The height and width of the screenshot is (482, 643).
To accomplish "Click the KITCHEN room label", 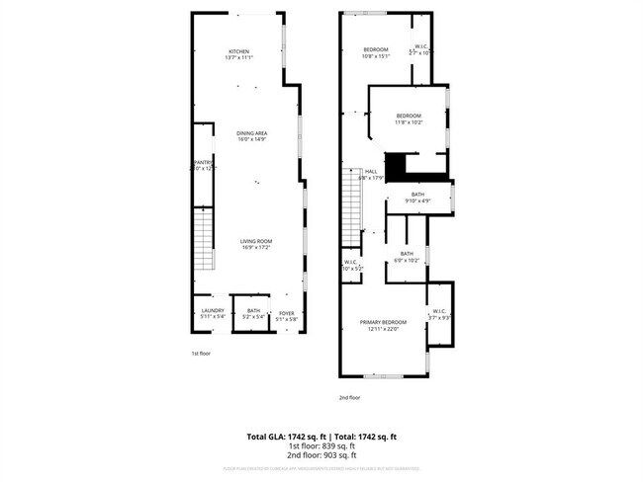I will pos(238,51).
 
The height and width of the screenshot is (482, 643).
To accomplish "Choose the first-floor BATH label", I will pos(254,311).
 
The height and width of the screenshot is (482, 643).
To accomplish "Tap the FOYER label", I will pos(286,311).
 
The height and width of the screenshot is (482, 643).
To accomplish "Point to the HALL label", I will pos(371,172).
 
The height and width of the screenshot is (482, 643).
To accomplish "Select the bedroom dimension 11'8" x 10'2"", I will pos(410,122).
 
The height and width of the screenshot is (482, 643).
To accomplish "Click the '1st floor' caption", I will pos(201,353).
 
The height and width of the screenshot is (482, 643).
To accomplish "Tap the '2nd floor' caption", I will pos(349,398).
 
